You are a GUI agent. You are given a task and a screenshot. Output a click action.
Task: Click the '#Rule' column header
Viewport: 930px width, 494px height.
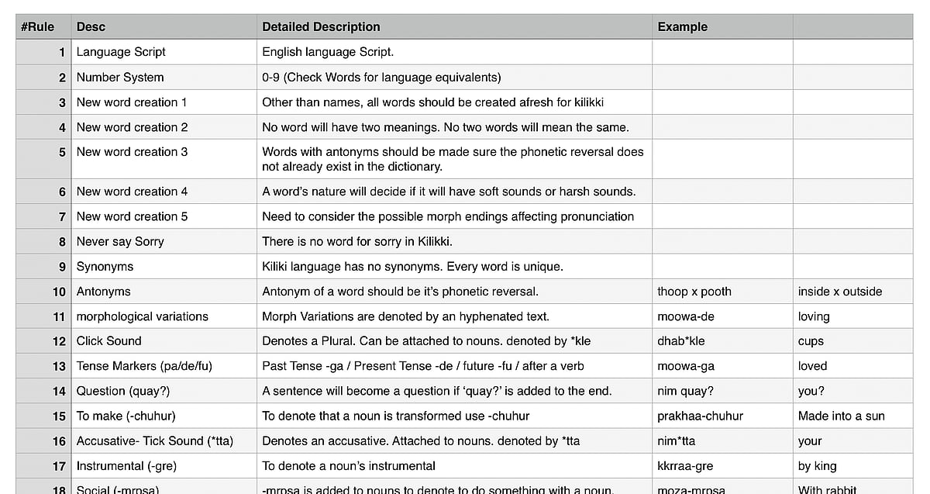pyautogui.click(x=37, y=27)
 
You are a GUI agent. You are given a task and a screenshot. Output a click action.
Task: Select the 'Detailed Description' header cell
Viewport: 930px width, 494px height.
pyautogui.click(x=321, y=27)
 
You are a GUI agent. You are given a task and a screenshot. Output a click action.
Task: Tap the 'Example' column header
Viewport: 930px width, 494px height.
pyautogui.click(x=682, y=27)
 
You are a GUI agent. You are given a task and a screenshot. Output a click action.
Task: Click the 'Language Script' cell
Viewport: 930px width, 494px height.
pyautogui.click(x=121, y=52)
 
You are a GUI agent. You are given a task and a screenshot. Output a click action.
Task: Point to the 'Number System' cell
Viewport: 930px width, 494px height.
pyautogui.click(x=120, y=78)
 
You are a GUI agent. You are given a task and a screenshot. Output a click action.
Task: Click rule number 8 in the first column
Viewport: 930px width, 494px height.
pyautogui.click(x=62, y=242)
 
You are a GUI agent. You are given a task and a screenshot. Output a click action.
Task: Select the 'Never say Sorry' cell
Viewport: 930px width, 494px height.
pyautogui.click(x=120, y=242)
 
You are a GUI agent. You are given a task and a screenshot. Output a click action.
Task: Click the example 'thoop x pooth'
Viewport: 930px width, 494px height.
pyautogui.click(x=694, y=292)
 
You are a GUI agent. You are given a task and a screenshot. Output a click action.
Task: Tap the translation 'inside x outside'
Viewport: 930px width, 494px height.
pyautogui.click(x=840, y=292)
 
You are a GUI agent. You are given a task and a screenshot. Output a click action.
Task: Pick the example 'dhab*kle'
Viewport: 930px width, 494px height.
pyautogui.click(x=680, y=341)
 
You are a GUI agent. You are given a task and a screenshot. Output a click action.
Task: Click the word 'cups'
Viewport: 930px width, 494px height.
pyautogui.click(x=811, y=341)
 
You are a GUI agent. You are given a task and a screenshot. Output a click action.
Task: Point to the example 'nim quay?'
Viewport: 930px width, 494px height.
pyautogui.click(x=685, y=392)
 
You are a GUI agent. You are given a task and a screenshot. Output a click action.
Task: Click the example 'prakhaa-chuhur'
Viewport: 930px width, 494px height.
pyautogui.click(x=700, y=416)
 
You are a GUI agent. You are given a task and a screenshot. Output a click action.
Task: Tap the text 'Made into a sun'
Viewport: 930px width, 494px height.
pyautogui.click(x=841, y=416)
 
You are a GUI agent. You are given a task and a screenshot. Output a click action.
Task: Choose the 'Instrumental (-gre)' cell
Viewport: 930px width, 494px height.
pyautogui.click(x=127, y=466)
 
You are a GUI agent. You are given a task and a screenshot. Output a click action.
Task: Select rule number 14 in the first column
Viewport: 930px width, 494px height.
pyautogui.click(x=59, y=392)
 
